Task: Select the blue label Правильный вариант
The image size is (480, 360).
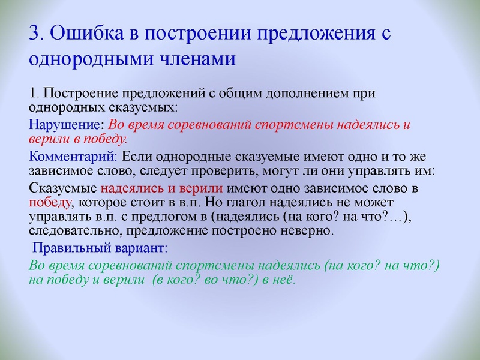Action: pos(99,247)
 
